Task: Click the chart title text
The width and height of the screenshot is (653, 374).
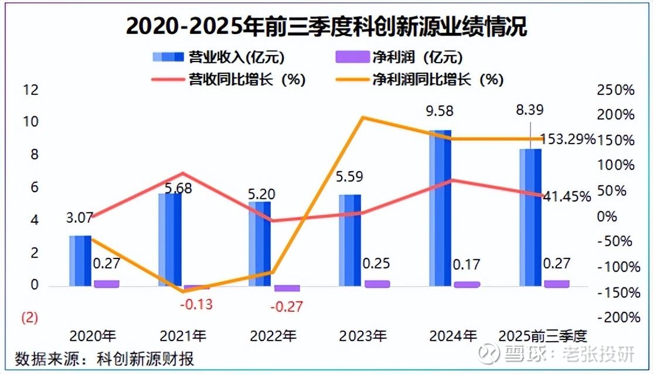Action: [x=326, y=26]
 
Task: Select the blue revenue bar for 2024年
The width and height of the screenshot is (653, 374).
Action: [x=440, y=208]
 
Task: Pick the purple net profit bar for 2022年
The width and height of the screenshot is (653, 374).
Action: [x=287, y=288]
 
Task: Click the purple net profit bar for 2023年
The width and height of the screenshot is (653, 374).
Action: [x=377, y=283]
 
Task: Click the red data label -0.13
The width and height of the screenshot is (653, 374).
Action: [x=196, y=305]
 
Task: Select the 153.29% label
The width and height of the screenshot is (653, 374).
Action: [x=567, y=140]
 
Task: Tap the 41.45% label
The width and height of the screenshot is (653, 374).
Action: [x=567, y=197]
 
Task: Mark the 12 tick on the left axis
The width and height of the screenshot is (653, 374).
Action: [x=30, y=90]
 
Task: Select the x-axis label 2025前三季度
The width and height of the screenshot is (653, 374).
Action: [x=542, y=336]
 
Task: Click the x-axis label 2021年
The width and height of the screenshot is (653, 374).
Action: [x=183, y=336]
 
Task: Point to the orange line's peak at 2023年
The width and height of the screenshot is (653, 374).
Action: [x=363, y=118]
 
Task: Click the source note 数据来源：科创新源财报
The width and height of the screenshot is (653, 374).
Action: [x=104, y=358]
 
